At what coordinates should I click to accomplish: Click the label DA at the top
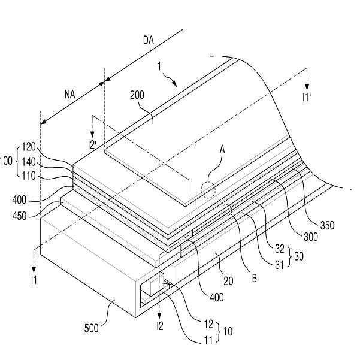[149, 40]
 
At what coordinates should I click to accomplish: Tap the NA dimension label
[70, 95]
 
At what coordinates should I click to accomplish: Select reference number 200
[137, 95]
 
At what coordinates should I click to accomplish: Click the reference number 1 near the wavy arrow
[159, 66]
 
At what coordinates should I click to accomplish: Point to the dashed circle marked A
[208, 190]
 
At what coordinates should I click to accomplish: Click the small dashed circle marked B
[226, 210]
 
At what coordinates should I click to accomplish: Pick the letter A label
[222, 150]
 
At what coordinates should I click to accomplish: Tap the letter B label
[255, 279]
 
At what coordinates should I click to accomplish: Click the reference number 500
[92, 328]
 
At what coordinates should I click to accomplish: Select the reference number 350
[327, 225]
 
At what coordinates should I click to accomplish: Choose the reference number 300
[311, 237]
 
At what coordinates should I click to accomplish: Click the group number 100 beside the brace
[5, 161]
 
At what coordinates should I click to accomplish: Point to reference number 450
[20, 216]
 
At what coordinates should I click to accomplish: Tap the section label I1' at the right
[307, 98]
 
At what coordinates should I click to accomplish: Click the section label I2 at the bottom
[160, 326]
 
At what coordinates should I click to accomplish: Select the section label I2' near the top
[92, 145]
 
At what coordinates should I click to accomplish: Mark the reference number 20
[228, 281]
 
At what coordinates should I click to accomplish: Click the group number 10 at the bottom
[228, 331]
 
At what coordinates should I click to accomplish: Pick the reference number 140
[29, 162]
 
